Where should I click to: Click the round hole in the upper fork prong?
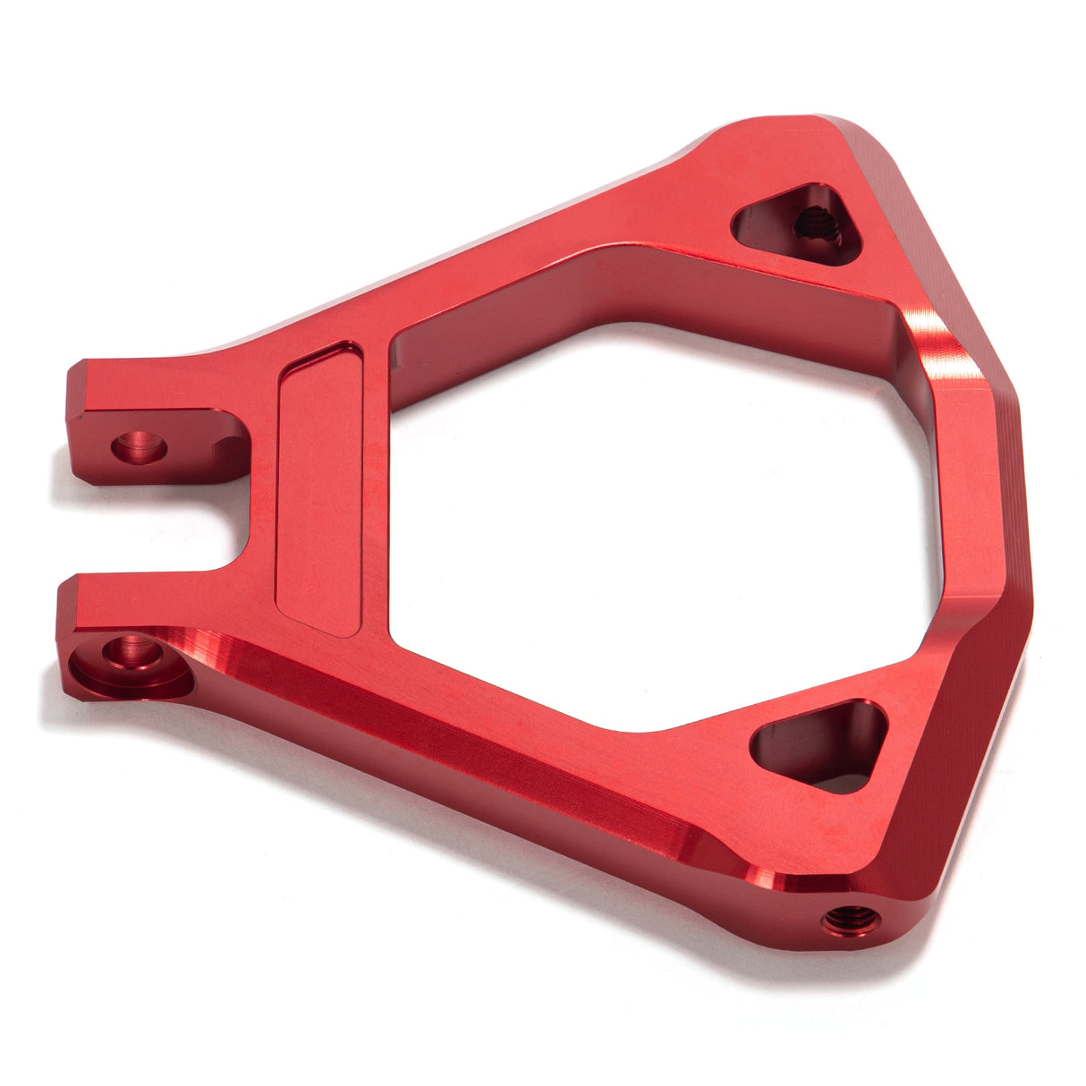(x=139, y=445)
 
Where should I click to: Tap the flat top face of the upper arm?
(x=537, y=250)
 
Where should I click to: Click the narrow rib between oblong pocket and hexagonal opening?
(x=376, y=483)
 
